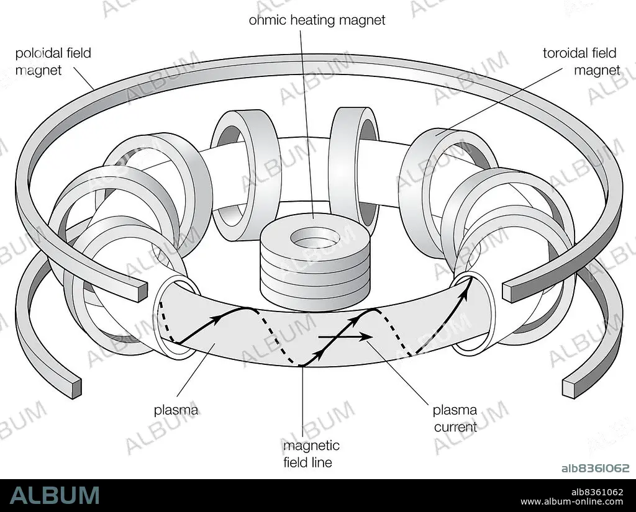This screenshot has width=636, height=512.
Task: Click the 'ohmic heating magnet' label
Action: (x=317, y=20)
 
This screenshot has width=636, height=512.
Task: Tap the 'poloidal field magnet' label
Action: (x=53, y=61)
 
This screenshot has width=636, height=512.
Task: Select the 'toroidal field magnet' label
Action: (x=581, y=61)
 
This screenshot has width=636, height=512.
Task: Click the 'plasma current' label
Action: (x=455, y=418)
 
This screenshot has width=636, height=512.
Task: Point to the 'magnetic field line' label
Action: (x=311, y=454)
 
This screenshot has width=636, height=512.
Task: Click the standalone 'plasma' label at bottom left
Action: (x=176, y=410)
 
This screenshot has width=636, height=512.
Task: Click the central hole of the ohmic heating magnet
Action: (x=315, y=238)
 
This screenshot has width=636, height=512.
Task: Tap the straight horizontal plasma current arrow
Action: (x=345, y=336)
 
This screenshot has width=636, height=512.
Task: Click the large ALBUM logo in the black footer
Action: (x=55, y=495)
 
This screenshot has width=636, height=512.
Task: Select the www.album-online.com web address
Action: (x=571, y=502)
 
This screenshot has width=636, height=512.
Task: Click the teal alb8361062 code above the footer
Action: (x=596, y=468)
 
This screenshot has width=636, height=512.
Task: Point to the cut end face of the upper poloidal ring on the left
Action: (x=142, y=292)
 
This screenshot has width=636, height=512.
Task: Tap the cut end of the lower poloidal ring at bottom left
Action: (x=76, y=388)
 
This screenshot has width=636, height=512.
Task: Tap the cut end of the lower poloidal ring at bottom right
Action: (x=569, y=388)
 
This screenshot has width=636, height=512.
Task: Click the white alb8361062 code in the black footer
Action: (x=597, y=492)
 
